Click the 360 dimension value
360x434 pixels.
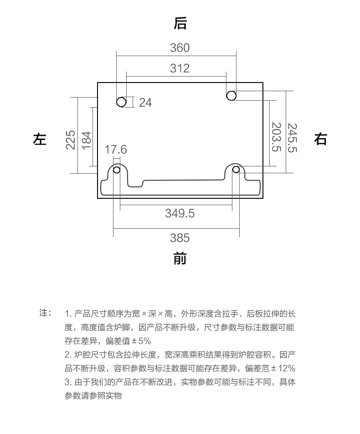pos(180,47)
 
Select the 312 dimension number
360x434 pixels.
pos(180,68)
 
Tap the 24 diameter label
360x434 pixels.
pos(145,103)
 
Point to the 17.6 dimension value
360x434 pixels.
pos(116,150)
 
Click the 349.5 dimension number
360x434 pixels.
pos(180,213)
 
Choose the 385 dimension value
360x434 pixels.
pos(180,238)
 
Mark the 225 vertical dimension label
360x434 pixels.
pos(71,139)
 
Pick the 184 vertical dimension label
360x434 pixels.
pos(86,139)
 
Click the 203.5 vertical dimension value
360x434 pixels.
pos(276,137)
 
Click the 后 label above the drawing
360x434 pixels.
pos(180,23)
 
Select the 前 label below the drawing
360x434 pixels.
pos(180,259)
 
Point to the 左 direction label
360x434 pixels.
pos(40,139)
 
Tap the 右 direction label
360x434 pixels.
pos(320,139)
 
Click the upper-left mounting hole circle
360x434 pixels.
pos(121,102)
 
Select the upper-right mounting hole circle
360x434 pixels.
pos(231,95)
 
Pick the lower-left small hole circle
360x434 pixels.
pos(117,170)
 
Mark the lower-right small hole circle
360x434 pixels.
pos(236,170)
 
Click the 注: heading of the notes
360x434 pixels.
pos(45,313)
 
